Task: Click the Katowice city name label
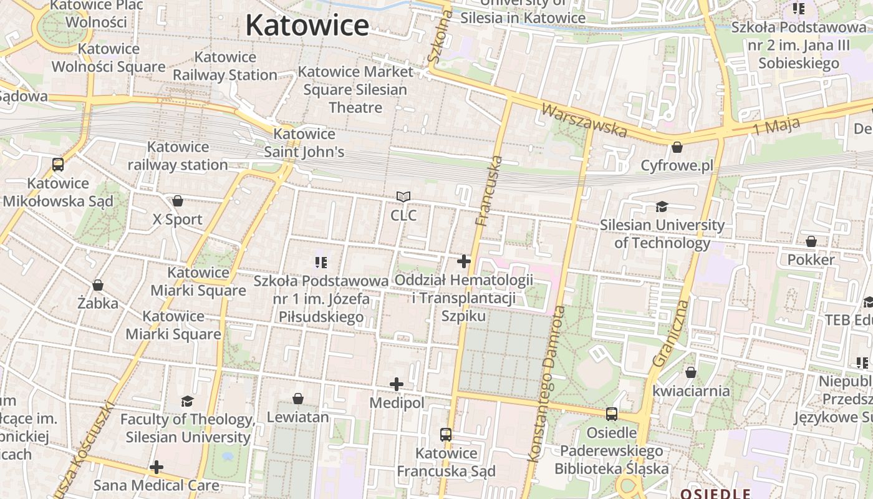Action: pyautogui.click(x=307, y=26)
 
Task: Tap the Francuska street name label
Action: pyautogui.click(x=489, y=190)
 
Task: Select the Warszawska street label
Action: pyautogui.click(x=584, y=120)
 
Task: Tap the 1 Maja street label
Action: pyautogui.click(x=776, y=127)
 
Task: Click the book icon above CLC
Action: pyautogui.click(x=403, y=197)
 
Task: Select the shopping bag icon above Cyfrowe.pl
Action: pyautogui.click(x=677, y=148)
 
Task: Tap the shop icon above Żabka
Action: pyautogui.click(x=98, y=285)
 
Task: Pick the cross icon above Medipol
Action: pyautogui.click(x=397, y=384)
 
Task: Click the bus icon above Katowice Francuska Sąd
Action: pyautogui.click(x=446, y=434)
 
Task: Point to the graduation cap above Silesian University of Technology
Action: pyautogui.click(x=661, y=206)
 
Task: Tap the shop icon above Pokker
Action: pyautogui.click(x=811, y=241)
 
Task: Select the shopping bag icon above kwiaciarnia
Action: pyautogui.click(x=690, y=372)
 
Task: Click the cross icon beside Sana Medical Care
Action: pyautogui.click(x=157, y=467)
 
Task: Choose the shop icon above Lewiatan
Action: pyautogui.click(x=298, y=398)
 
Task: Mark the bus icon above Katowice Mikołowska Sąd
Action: pyautogui.click(x=58, y=165)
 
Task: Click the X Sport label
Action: pyautogui.click(x=178, y=220)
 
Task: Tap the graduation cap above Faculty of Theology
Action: pyautogui.click(x=187, y=400)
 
